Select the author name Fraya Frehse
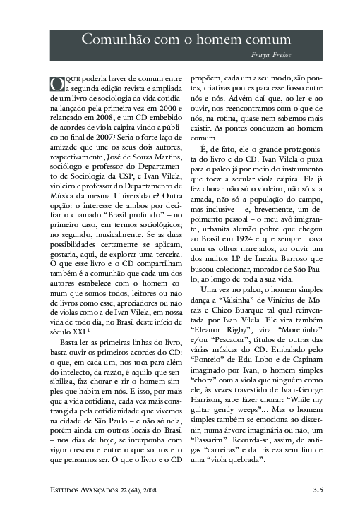(x=275, y=54)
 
